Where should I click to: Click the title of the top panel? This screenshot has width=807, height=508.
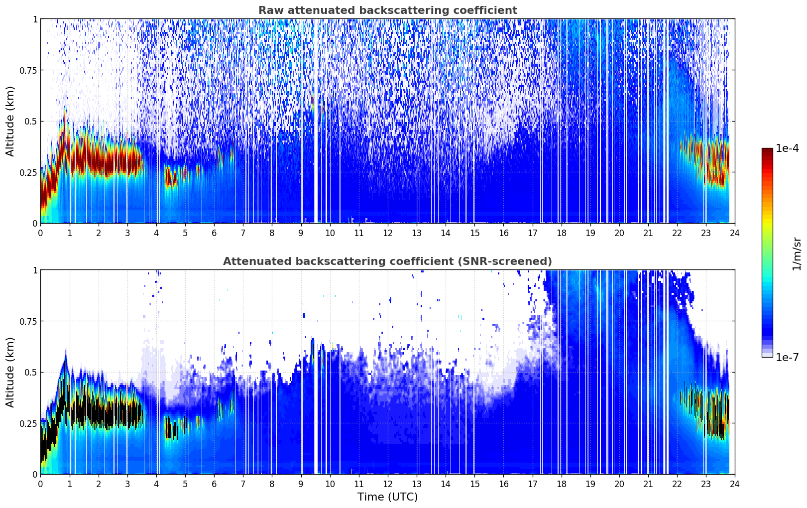387,10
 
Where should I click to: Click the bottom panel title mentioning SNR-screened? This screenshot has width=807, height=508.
387,261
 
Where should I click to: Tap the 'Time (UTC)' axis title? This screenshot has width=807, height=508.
387,497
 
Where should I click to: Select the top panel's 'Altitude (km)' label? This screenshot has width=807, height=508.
10,121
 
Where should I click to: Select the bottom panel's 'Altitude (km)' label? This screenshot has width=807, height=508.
10,372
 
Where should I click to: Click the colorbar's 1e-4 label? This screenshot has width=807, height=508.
787,149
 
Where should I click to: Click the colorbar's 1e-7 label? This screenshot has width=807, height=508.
787,357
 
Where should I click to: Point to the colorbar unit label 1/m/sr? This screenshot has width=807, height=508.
797,254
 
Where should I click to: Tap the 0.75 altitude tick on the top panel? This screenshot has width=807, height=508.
28,70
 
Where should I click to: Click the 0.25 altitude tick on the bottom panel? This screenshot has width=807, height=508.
28,423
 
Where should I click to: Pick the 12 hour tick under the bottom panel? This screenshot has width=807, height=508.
387,484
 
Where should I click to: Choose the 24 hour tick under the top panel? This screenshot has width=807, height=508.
734,233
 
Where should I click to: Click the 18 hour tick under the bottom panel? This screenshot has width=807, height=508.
561,484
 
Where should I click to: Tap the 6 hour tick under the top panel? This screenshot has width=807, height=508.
214,233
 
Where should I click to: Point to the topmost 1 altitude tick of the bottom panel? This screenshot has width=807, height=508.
35,270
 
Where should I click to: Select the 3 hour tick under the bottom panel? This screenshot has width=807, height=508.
127,484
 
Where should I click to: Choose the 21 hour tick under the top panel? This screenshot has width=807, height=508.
648,233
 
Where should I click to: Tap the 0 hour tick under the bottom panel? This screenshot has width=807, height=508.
41,484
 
